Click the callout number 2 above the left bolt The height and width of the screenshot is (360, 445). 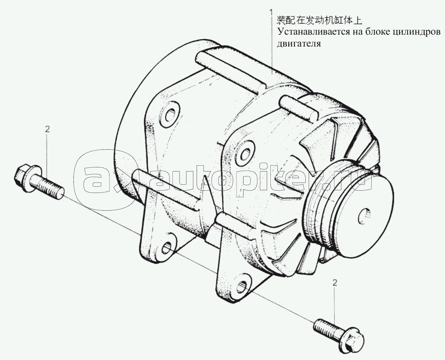(x=47, y=129)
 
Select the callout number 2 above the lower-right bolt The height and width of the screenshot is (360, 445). (x=335, y=283)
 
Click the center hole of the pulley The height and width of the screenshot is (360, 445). (x=364, y=217)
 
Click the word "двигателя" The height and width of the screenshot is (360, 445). (x=299, y=44)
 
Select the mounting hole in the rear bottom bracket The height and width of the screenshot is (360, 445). (x=168, y=248)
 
